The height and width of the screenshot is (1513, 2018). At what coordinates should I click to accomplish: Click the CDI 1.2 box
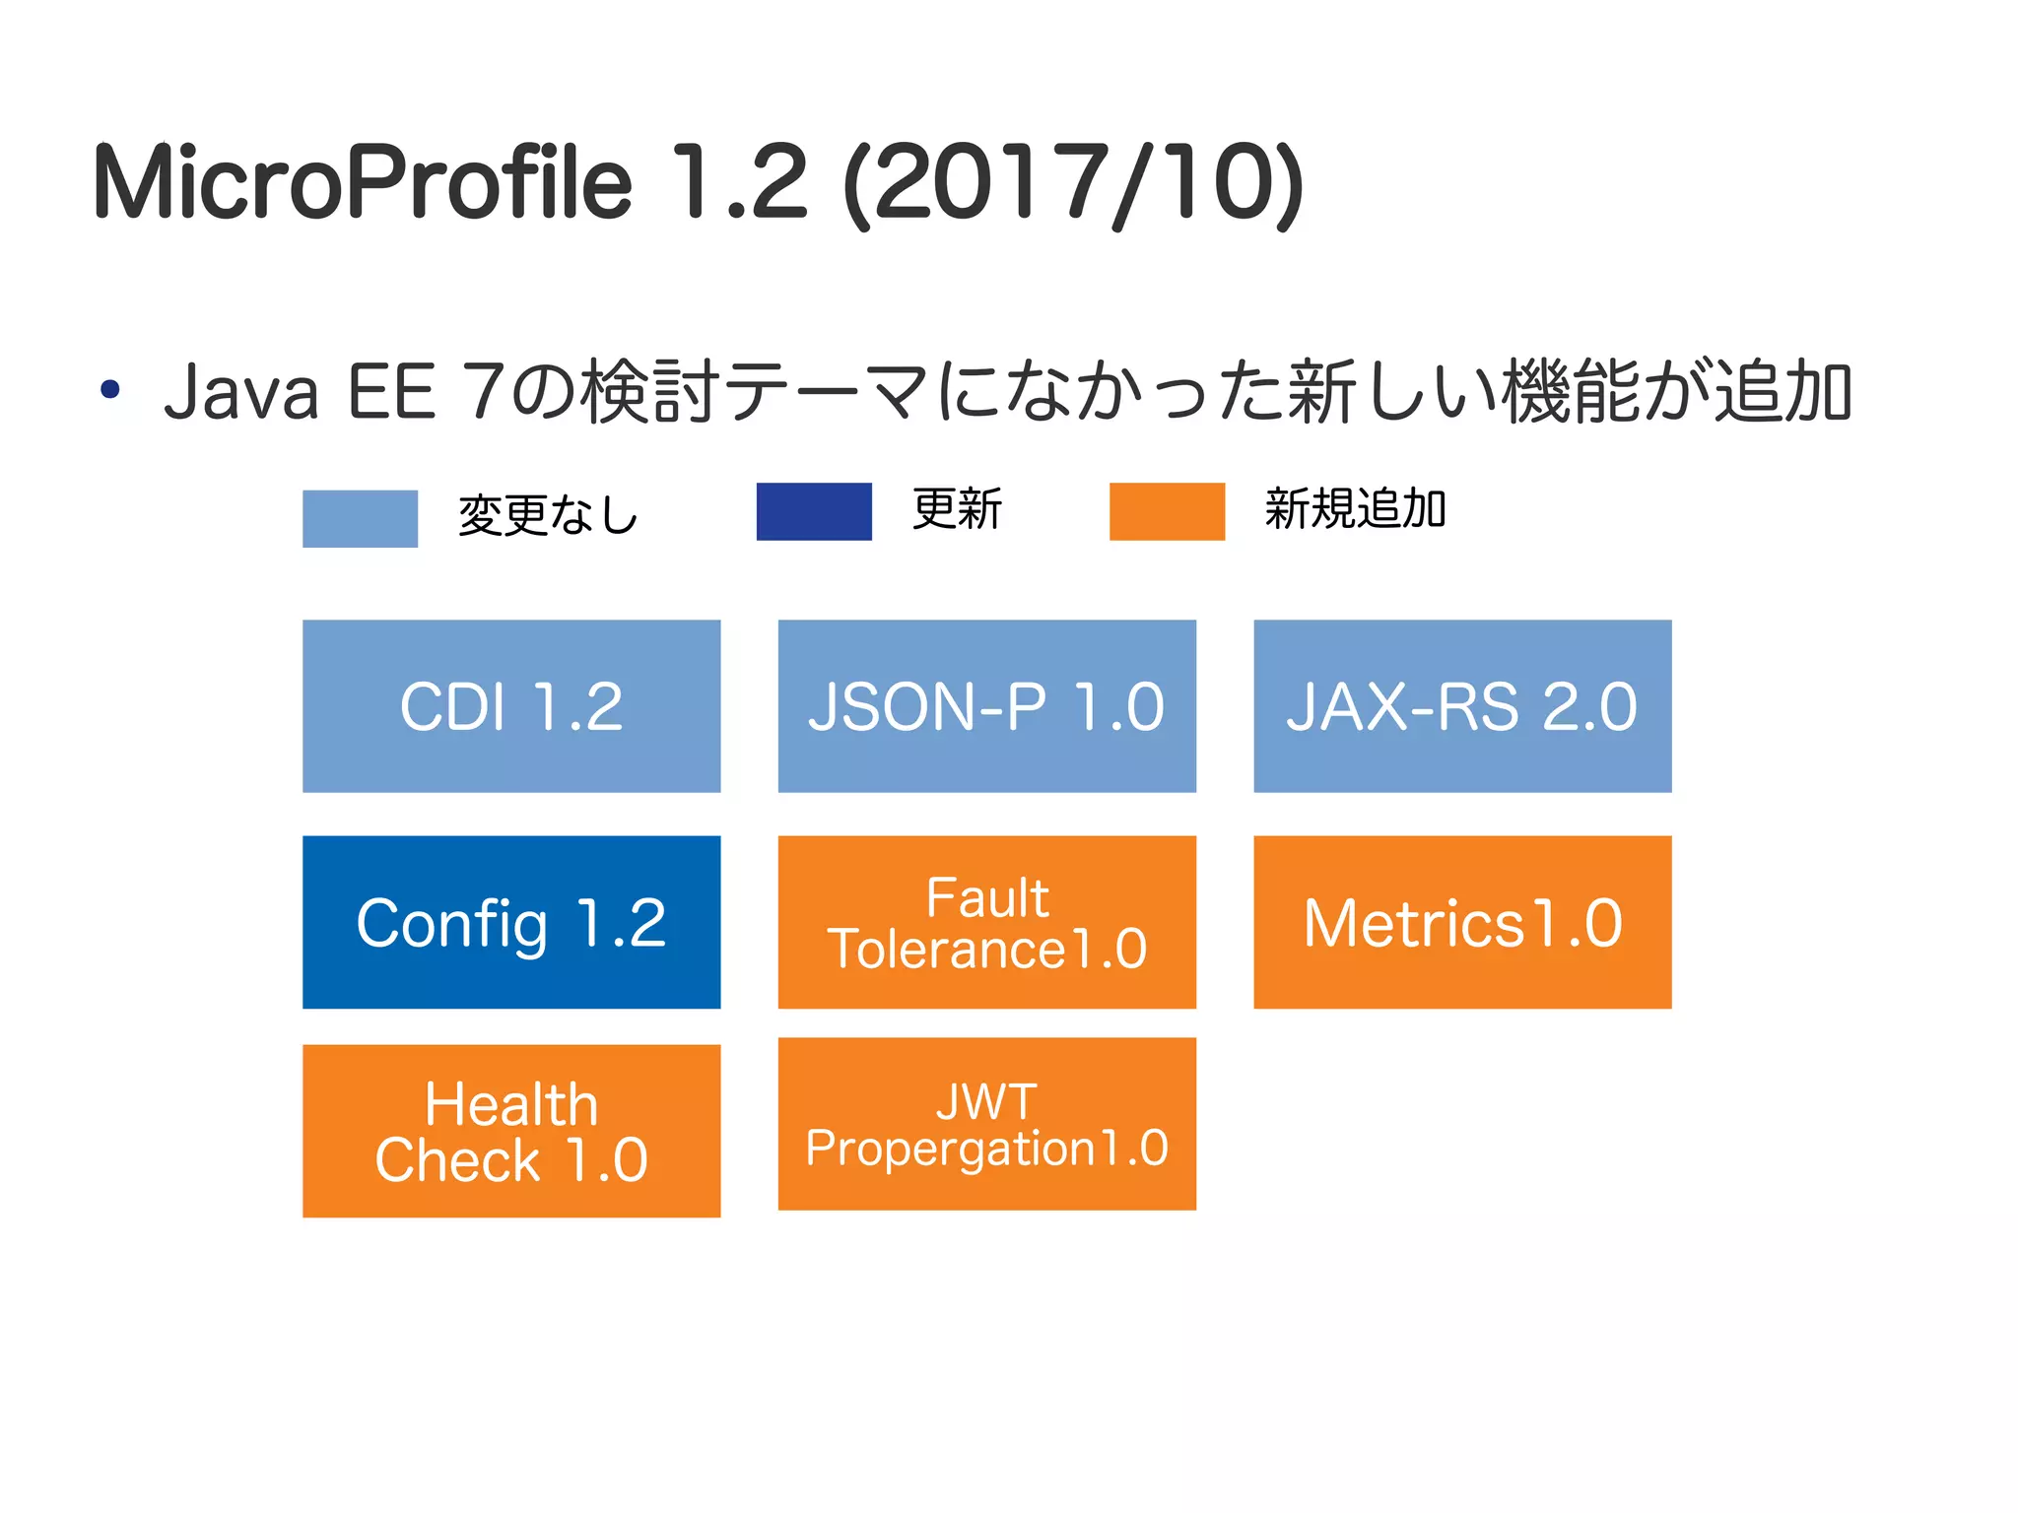511,705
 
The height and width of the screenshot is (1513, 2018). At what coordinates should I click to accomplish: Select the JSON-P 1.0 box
986,705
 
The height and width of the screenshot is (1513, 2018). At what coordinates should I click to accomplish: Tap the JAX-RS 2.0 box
1462,705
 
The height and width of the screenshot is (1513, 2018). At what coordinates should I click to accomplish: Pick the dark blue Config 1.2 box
511,922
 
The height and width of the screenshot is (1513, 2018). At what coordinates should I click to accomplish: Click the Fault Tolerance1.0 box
986,922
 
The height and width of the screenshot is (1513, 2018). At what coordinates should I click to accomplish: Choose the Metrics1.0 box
1462,922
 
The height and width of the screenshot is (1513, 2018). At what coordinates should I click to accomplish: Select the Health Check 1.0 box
511,1131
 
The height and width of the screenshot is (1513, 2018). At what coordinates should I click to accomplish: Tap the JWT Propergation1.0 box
986,1124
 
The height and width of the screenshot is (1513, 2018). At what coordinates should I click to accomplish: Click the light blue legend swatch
360,518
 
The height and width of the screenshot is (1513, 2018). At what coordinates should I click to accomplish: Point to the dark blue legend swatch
814,511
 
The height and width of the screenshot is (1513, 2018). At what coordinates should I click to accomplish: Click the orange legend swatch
1167,511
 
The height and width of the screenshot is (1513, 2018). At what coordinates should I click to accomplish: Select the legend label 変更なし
549,514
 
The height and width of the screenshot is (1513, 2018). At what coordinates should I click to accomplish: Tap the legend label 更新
957,509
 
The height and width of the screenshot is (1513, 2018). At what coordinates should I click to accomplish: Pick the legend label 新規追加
1355,509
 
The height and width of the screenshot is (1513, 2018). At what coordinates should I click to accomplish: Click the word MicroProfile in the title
364,182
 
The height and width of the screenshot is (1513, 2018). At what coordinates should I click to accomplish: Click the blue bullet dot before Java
110,389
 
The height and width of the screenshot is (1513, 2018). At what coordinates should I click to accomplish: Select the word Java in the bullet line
242,393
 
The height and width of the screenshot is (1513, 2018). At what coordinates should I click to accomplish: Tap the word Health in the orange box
511,1103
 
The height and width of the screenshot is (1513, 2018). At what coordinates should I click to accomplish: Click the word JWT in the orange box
986,1100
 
